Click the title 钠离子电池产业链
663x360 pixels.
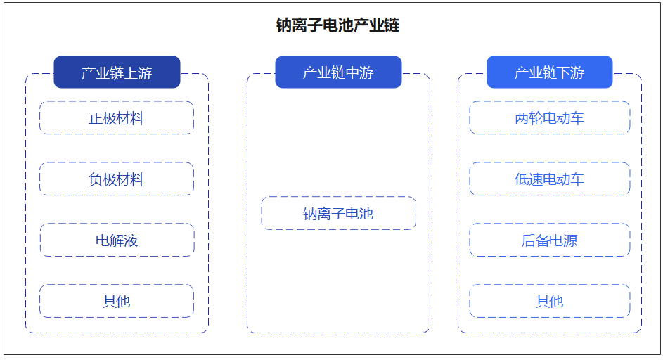click(337, 26)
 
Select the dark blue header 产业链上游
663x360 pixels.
click(117, 72)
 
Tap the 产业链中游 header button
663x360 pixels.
click(338, 72)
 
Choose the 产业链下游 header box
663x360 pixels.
click(549, 72)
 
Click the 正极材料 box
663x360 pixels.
click(117, 118)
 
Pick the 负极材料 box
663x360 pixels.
click(117, 179)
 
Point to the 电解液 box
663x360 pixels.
click(117, 240)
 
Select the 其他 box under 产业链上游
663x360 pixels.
click(117, 302)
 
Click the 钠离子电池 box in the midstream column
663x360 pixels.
click(338, 214)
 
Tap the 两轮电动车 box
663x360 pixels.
click(549, 118)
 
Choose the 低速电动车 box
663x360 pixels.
click(549, 179)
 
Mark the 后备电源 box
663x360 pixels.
click(549, 240)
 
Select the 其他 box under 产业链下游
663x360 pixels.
click(549, 302)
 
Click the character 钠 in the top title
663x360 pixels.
click(285, 26)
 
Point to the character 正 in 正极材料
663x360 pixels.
click(96, 118)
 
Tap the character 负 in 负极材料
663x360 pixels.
click(96, 179)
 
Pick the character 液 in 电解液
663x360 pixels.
click(131, 240)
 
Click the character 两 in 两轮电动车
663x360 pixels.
click(522, 118)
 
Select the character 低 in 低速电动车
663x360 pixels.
click(522, 179)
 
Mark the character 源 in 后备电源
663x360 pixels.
click(570, 240)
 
